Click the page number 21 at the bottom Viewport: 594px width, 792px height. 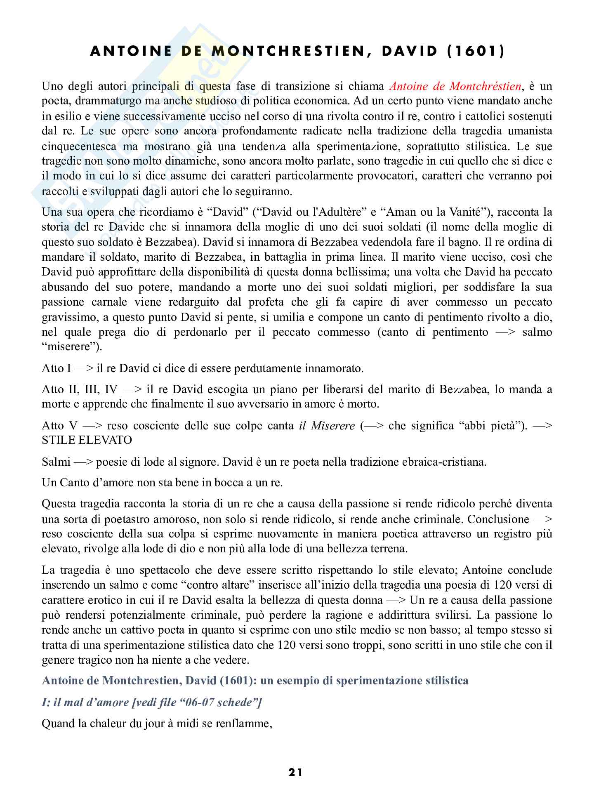pos(295,772)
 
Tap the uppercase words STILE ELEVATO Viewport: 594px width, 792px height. pos(87,440)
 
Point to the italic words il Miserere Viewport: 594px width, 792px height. pos(327,425)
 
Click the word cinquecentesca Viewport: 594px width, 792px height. pos(82,146)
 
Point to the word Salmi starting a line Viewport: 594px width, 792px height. pos(56,462)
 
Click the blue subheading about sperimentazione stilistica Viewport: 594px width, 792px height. pos(255,680)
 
